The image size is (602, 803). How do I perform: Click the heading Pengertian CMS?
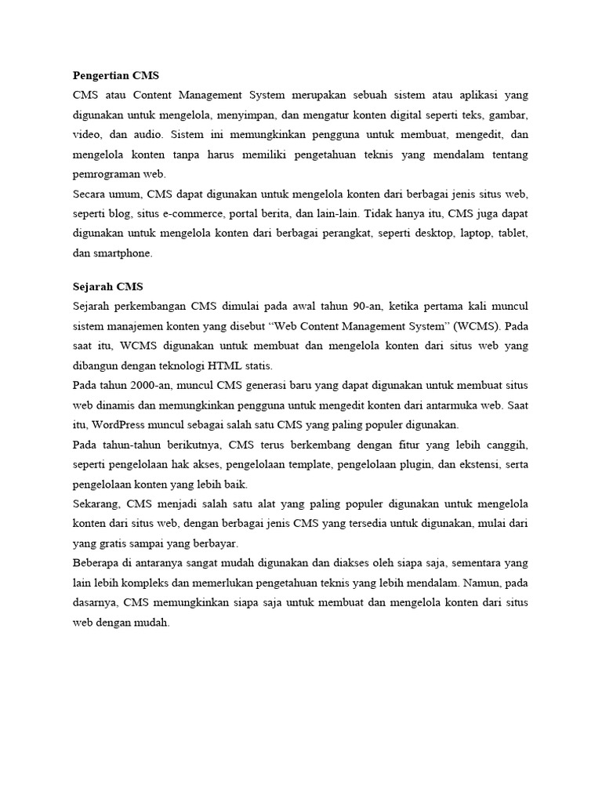tap(115, 76)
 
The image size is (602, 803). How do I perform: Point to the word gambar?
tap(510, 115)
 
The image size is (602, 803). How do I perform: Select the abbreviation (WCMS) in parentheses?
tap(464, 326)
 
